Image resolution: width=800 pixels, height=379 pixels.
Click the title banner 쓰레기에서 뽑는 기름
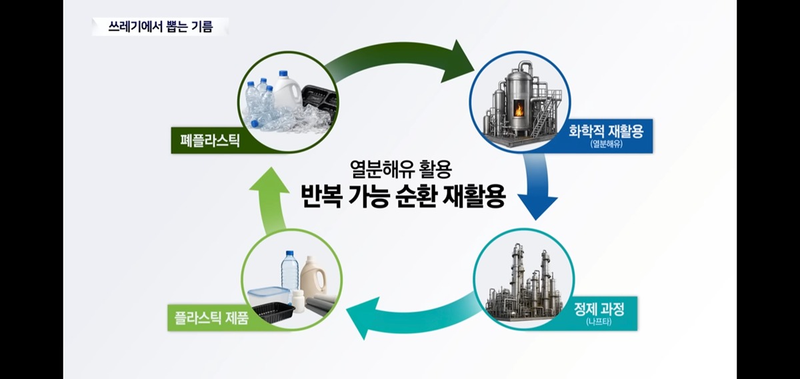161,27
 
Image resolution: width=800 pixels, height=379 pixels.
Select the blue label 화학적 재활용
606,131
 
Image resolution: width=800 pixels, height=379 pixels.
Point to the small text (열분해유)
606,144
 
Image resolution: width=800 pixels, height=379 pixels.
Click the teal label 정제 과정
599,309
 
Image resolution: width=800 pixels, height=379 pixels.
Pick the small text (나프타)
599,322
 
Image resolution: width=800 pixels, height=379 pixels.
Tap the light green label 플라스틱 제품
211,318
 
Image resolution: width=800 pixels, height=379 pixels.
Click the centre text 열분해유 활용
401,169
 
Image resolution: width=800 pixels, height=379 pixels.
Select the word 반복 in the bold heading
321,196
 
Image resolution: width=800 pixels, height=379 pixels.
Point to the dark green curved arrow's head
458,61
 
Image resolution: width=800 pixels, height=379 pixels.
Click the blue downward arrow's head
537,208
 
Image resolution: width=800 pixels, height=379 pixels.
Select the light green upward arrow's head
269,181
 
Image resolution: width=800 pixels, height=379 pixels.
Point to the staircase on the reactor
543,114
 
